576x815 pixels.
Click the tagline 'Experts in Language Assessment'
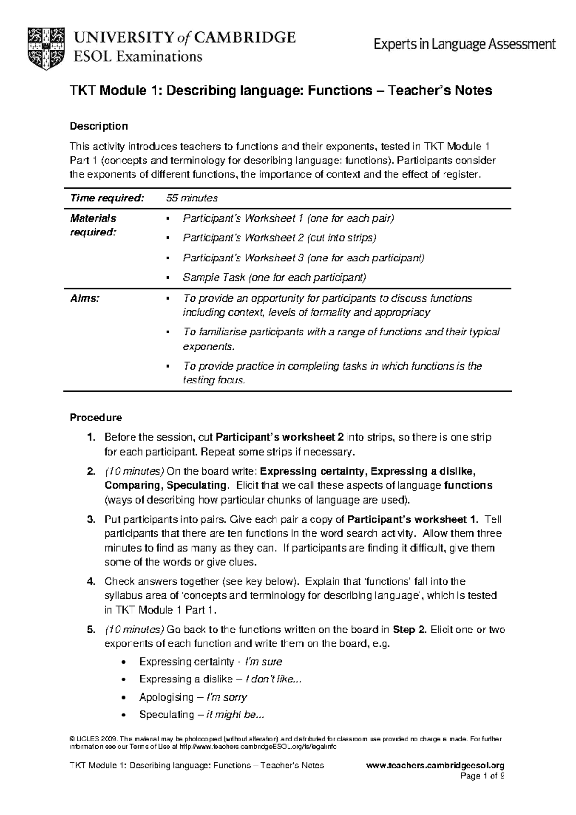pyautogui.click(x=465, y=45)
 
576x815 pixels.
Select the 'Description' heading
pyautogui.click(x=99, y=126)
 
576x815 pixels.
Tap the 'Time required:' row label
pyautogui.click(x=107, y=198)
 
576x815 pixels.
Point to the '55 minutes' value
pyautogui.click(x=192, y=198)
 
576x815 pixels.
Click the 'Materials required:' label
pyautogui.click(x=93, y=225)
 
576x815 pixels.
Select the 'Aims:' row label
pyautogui.click(x=84, y=298)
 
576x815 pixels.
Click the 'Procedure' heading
pyautogui.click(x=96, y=418)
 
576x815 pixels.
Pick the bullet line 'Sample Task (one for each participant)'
pyautogui.click(x=274, y=278)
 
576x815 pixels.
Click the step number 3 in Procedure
pyautogui.click(x=90, y=519)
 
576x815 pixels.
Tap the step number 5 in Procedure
pyautogui.click(x=90, y=630)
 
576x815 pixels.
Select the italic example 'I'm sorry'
pyautogui.click(x=226, y=697)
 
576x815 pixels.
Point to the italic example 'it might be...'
pyautogui.click(x=235, y=715)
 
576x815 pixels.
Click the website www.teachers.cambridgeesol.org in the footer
pyautogui.click(x=435, y=766)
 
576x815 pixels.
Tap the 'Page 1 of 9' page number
pyautogui.click(x=482, y=776)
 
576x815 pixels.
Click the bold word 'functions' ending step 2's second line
pyautogui.click(x=468, y=485)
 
